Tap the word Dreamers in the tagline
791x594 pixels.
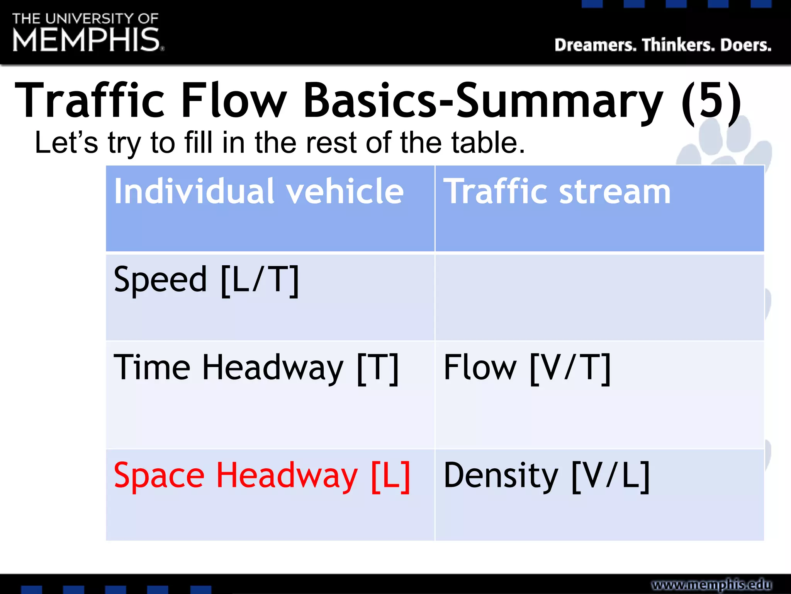tap(595, 45)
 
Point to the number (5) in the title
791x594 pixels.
tap(711, 101)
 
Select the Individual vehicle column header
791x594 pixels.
tap(259, 191)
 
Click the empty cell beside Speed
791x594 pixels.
tap(599, 297)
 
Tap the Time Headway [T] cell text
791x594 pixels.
tap(256, 368)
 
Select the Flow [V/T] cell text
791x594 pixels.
tap(527, 368)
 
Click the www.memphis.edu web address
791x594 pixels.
tap(711, 584)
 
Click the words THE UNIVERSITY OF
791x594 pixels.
tap(85, 18)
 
